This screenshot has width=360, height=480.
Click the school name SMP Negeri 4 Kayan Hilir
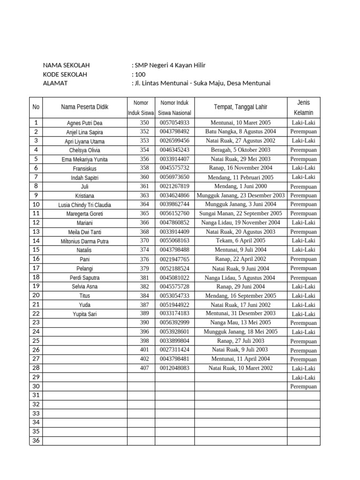coord(170,66)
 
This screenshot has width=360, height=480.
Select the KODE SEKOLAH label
coord(65,75)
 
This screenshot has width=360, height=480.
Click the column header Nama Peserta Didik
coord(84,107)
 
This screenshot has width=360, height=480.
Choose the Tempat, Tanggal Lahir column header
coord(240,107)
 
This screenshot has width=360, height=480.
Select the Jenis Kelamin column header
coord(303,107)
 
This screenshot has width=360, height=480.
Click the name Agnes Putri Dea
coord(84,123)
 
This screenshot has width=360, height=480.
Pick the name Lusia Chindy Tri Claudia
coord(84,205)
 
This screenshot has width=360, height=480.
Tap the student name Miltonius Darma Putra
coord(84,241)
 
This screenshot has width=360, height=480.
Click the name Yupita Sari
coord(84,314)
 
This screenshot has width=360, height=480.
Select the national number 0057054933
coord(174,123)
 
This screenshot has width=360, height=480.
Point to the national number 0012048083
coord(174,368)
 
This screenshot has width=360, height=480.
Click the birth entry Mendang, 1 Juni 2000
coord(240,187)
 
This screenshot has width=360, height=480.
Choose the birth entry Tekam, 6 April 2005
coord(240,241)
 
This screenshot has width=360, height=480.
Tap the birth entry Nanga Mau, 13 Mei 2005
coord(240,323)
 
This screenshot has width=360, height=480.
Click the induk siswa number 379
coord(144,269)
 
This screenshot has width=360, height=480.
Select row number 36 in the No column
coord(36,441)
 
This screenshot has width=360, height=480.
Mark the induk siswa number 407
coord(144,368)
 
